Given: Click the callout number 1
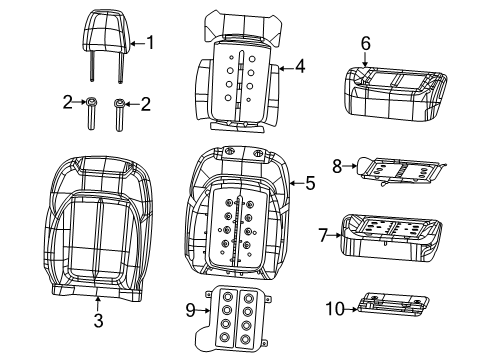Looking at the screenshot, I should click(x=151, y=42).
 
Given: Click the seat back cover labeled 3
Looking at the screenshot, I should click(x=97, y=230).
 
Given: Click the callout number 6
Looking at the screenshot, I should click(x=366, y=43).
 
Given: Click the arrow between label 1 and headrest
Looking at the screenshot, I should click(x=137, y=42).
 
